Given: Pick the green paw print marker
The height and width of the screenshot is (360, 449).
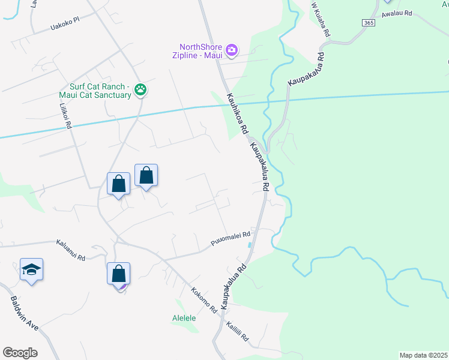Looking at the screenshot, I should pyautogui.click(x=140, y=90).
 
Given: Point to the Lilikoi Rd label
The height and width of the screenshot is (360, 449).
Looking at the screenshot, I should pyautogui.click(x=65, y=116).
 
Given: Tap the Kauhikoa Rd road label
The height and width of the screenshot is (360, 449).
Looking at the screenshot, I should pyautogui.click(x=237, y=113).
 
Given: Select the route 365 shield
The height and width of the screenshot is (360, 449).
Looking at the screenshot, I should pyautogui.click(x=369, y=22).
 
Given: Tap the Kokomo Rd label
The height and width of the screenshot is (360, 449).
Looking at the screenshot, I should pyautogui.click(x=203, y=301).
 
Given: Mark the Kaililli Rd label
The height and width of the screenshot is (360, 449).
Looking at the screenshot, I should pyautogui.click(x=237, y=331).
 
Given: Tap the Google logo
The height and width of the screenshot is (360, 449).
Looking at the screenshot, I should pyautogui.click(x=20, y=352).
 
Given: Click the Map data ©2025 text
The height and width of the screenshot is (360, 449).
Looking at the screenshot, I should pyautogui.click(x=423, y=355).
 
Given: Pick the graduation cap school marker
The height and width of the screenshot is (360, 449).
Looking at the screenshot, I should pyautogui.click(x=31, y=270).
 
